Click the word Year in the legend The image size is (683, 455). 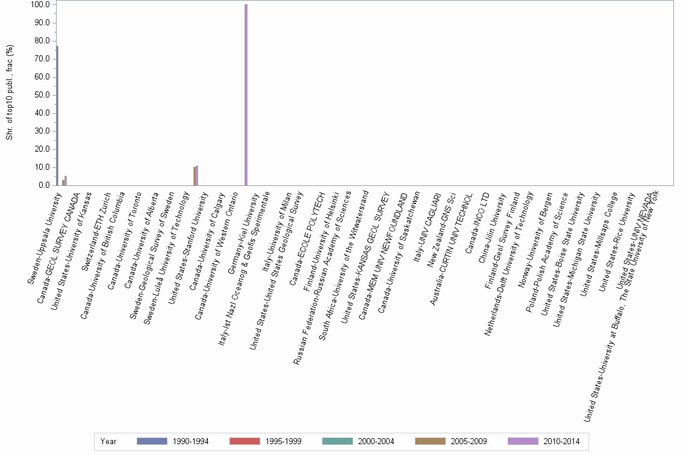pyautogui.click(x=108, y=441)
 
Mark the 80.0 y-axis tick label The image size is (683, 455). pyautogui.click(x=43, y=41)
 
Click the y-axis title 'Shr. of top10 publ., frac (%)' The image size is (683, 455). pyautogui.click(x=10, y=95)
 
